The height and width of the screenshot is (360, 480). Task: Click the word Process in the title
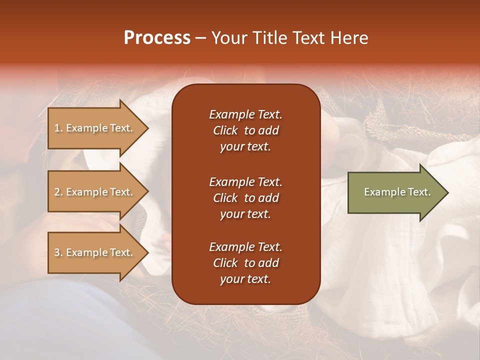(x=157, y=38)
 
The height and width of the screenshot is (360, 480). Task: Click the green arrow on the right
(x=395, y=192)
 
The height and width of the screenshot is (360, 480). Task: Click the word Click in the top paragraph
(x=225, y=130)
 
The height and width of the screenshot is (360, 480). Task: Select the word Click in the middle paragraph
(x=225, y=198)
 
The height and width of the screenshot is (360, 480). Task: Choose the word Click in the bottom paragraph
(x=225, y=263)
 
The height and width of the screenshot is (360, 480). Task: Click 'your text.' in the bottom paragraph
(x=245, y=279)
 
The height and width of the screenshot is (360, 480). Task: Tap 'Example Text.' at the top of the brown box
(x=245, y=114)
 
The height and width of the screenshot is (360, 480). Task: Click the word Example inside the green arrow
(x=380, y=192)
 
